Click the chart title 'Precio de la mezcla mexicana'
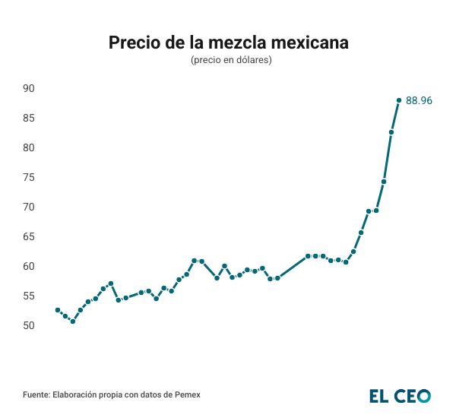click(x=228, y=43)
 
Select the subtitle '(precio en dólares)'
click(x=228, y=60)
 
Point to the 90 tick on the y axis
click(x=29, y=88)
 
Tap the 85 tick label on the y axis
click(x=29, y=118)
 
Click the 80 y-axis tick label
click(x=29, y=147)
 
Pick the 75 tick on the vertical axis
click(x=29, y=177)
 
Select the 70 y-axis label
click(x=29, y=207)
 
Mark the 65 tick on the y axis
click(x=29, y=236)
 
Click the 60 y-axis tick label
click(x=29, y=266)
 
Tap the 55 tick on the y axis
click(x=29, y=296)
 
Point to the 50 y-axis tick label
click(x=29, y=325)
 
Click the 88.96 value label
click(x=419, y=100)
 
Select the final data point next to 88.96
click(x=399, y=100)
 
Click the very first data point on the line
click(x=58, y=310)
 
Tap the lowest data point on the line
click(x=73, y=321)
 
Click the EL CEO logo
click(x=400, y=396)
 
